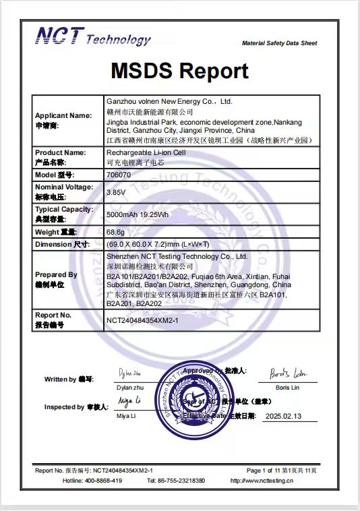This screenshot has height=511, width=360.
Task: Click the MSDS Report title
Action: tap(180, 71)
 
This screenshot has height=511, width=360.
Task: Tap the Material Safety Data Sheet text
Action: tap(279, 43)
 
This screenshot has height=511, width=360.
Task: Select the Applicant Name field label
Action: tap(63, 115)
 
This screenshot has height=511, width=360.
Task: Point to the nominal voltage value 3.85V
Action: tap(116, 191)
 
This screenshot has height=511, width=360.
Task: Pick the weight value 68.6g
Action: tap(115, 231)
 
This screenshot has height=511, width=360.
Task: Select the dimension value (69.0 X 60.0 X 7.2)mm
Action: tap(158, 244)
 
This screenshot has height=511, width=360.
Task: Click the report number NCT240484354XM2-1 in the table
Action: tap(142, 320)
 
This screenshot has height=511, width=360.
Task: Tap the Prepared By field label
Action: tap(56, 274)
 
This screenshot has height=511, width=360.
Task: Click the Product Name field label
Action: tap(60, 153)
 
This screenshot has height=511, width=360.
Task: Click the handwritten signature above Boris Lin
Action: tap(287, 373)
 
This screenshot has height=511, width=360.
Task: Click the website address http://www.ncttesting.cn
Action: tap(262, 481)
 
